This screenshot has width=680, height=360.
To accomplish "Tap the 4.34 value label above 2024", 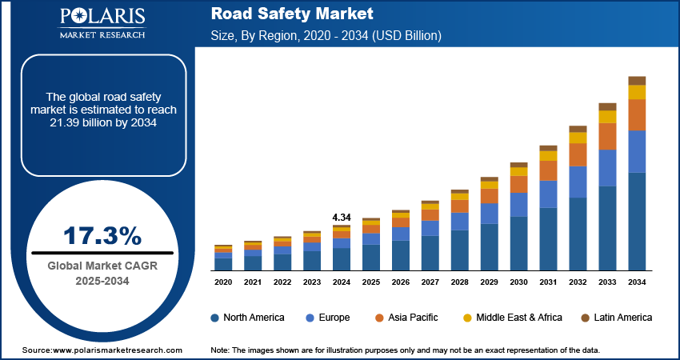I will (x=341, y=217).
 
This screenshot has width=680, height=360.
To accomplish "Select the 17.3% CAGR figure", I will (x=102, y=236).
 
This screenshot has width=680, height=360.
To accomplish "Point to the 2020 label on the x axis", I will (x=223, y=282).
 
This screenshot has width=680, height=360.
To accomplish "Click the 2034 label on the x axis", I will (x=637, y=282).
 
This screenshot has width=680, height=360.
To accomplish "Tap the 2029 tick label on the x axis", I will (x=489, y=282).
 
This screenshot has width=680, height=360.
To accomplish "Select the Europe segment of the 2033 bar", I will (x=607, y=168).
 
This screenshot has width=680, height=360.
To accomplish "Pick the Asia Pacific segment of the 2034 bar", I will (x=637, y=115).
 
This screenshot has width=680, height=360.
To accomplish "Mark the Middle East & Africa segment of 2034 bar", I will (x=637, y=92).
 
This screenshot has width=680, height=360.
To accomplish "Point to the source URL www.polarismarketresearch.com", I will (x=102, y=350).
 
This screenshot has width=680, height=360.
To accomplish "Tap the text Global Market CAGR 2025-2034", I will (x=102, y=273).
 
